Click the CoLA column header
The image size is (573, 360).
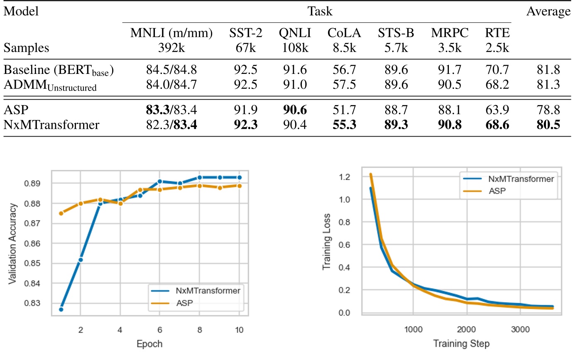tap(344, 33)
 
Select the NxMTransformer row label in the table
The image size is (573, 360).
tap(51, 124)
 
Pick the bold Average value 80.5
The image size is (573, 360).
tap(549, 124)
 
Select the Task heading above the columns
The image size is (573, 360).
tap(320, 11)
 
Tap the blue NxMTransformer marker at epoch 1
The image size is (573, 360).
tap(61, 309)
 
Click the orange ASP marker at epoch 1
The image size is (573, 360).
tap(61, 213)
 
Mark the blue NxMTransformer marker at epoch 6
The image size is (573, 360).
tap(159, 181)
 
